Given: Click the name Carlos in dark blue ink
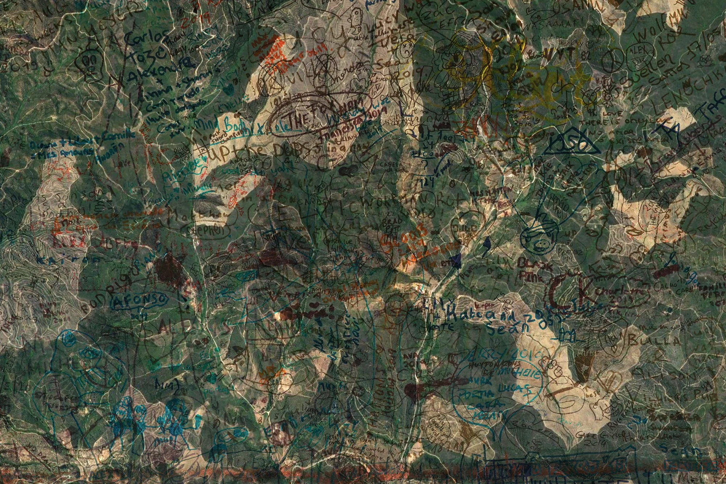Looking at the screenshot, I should click(147, 39).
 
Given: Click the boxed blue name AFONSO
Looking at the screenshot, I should click(139, 301).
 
